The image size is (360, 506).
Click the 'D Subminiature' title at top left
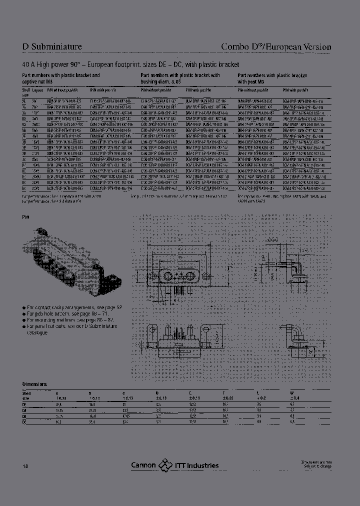[x=52, y=47]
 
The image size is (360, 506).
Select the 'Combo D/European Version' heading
[x=276, y=47]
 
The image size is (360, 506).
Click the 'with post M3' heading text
[x=255, y=81]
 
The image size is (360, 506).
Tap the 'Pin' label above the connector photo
[x=26, y=217]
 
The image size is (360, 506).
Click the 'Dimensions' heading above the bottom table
[x=34, y=384]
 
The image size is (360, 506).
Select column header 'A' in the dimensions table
[x=56, y=393]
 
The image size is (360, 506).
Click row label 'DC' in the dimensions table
[x=24, y=421]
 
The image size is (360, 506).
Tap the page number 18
[x=25, y=465]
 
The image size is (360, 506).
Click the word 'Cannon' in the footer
[x=143, y=465]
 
